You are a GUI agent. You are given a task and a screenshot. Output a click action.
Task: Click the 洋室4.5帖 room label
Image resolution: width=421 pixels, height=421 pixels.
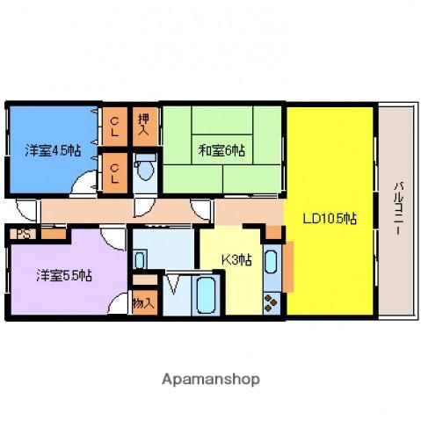click(x=54, y=150)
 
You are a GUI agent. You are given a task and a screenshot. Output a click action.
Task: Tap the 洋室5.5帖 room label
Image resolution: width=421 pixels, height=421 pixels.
click(x=64, y=275)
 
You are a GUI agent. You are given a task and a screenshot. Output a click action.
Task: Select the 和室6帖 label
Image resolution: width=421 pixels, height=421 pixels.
click(x=221, y=149)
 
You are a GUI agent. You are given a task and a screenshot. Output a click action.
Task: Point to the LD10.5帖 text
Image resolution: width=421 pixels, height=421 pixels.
click(x=330, y=218)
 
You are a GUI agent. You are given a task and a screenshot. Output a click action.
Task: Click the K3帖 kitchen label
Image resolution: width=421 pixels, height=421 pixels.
click(x=236, y=259)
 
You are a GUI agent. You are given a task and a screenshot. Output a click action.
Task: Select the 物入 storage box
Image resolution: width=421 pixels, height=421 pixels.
click(x=143, y=303)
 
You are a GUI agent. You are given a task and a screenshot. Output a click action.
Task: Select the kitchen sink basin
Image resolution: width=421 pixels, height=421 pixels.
click(x=271, y=261)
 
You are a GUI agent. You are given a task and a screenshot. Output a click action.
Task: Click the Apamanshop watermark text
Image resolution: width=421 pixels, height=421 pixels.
click(x=210, y=380)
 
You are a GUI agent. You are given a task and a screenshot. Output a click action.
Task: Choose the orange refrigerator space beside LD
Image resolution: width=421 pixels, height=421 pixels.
click(x=287, y=263)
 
